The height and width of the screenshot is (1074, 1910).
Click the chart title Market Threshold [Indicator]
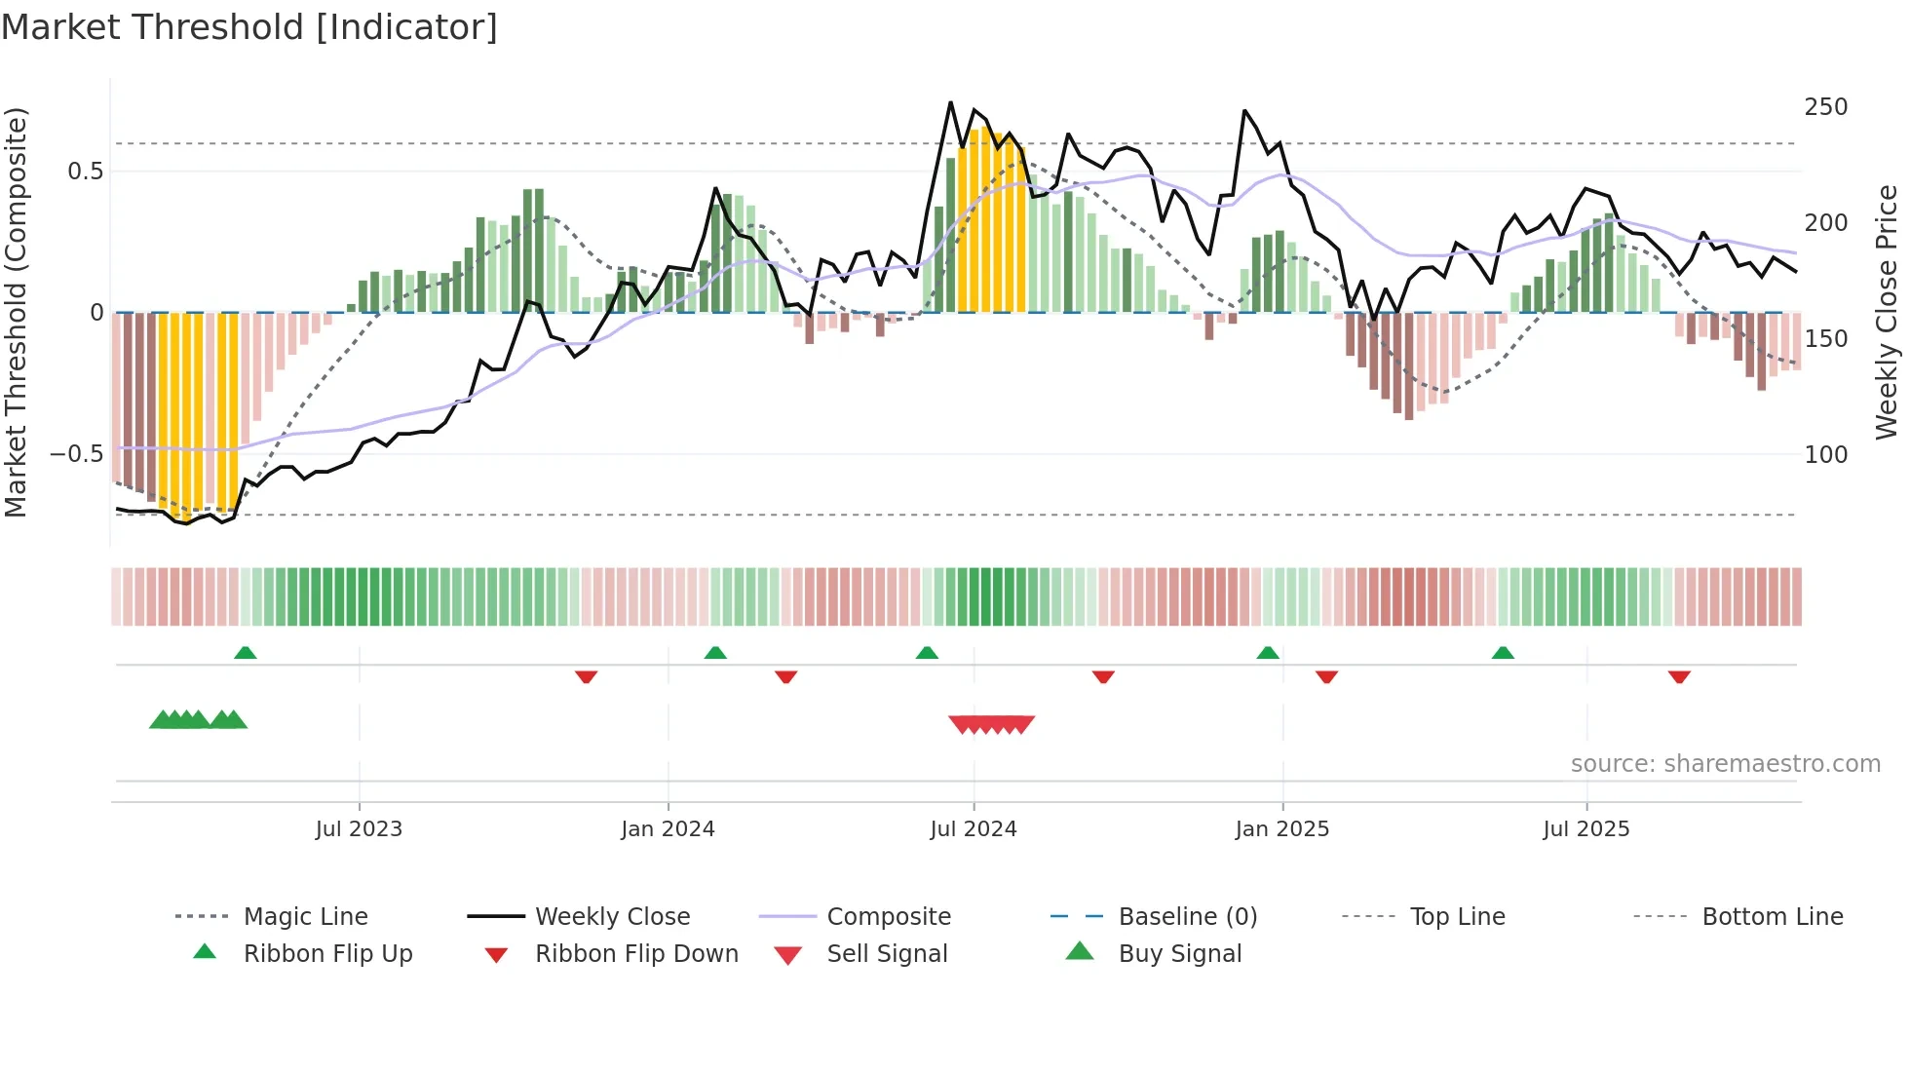(249, 27)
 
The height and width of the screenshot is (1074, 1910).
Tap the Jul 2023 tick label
(359, 829)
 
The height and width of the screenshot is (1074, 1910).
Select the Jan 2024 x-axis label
(668, 829)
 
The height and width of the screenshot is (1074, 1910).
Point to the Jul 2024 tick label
(973, 829)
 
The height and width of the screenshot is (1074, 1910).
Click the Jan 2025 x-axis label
(1281, 829)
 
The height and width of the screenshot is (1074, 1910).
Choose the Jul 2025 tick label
(1585, 829)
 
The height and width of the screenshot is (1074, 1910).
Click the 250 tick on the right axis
(1825, 107)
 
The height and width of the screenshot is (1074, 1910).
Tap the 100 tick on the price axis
(1825, 455)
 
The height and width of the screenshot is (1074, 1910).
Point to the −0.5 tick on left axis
(76, 454)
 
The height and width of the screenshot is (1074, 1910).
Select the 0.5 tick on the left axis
(85, 172)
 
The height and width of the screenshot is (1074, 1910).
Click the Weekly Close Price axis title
(1887, 312)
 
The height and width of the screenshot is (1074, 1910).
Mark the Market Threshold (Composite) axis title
(16, 312)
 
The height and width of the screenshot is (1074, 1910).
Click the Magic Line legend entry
(305, 917)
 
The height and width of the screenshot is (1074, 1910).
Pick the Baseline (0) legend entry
(1187, 917)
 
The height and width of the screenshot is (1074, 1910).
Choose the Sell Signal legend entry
(886, 954)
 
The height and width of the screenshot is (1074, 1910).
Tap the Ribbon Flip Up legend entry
(327, 954)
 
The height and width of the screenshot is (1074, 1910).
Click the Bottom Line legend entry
(1772, 917)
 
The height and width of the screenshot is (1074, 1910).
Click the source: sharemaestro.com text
(1725, 764)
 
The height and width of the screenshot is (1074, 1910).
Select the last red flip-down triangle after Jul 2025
(1678, 676)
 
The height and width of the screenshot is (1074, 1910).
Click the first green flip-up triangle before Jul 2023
(246, 653)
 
